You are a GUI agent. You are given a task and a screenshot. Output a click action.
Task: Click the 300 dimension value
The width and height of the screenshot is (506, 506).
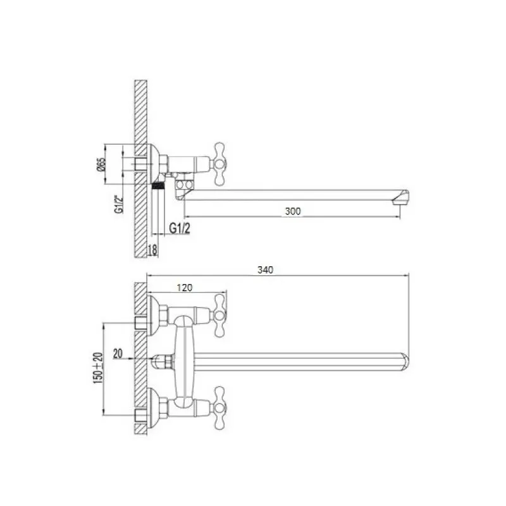click(292, 211)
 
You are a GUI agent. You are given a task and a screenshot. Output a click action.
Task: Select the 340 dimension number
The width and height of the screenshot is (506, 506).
click(265, 270)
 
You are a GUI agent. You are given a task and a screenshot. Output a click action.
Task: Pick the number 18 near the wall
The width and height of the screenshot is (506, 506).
click(152, 249)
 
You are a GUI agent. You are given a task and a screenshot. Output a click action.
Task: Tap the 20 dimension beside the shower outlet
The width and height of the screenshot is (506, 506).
click(118, 354)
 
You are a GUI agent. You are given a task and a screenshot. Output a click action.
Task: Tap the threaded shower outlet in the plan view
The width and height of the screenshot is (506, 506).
click(162, 362)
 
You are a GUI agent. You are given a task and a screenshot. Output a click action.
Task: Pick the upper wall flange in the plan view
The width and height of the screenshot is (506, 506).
click(152, 311)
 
